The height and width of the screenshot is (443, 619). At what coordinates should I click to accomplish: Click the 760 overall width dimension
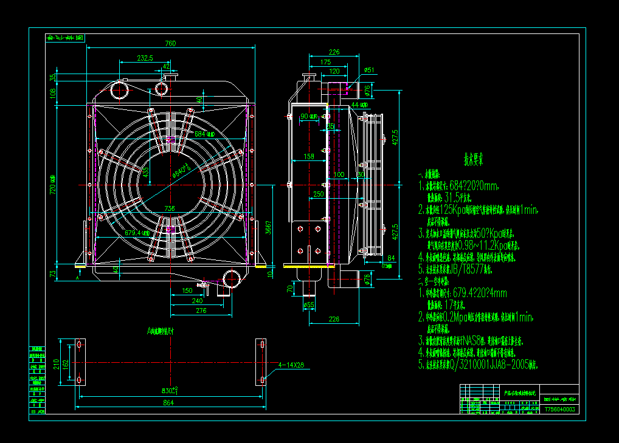point(170,43)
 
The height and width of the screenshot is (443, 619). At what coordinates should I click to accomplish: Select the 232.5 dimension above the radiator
point(145,58)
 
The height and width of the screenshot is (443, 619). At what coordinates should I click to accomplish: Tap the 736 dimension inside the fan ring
point(170,208)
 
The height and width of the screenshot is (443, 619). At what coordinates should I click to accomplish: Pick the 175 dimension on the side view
point(325,62)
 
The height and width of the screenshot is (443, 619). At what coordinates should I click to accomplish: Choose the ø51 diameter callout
point(368,70)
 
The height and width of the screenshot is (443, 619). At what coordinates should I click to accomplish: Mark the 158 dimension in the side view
point(308,157)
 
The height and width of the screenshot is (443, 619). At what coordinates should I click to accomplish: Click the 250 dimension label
point(318,194)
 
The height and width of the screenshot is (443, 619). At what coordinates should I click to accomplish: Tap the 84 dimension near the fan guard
point(391,258)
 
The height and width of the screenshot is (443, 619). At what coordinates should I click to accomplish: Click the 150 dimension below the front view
point(187,290)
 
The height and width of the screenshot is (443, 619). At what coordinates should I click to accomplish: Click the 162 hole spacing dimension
point(66,363)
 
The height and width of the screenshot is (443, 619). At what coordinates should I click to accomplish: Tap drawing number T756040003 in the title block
point(560,410)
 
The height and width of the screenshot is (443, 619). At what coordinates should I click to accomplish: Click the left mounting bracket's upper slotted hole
point(78,345)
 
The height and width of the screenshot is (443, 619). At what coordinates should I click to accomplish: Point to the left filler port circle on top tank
point(119,92)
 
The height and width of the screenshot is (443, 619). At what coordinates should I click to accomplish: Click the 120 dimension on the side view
point(334,71)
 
